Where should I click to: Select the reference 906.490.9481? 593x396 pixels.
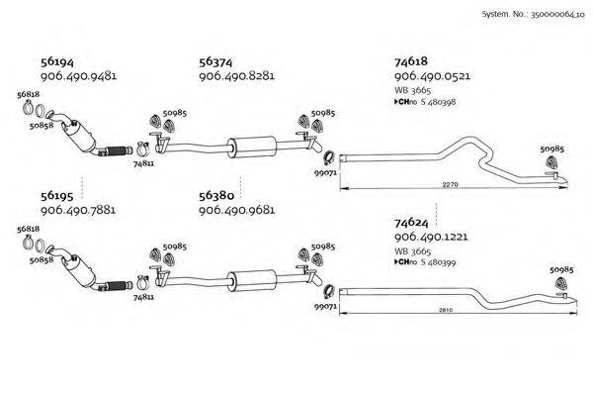(x=79, y=76)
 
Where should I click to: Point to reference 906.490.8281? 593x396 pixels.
(x=236, y=76)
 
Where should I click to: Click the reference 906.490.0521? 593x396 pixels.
(x=432, y=76)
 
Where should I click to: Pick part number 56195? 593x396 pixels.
(x=56, y=196)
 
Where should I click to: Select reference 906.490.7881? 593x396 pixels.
(x=79, y=211)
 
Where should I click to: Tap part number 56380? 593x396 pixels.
(x=215, y=196)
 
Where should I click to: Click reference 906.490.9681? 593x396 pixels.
(x=236, y=211)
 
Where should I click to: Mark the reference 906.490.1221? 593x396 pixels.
(x=432, y=241)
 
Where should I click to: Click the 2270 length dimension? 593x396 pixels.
(x=450, y=185)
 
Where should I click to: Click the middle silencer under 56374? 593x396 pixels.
(x=250, y=145)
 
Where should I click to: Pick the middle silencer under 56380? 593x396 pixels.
(x=250, y=278)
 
